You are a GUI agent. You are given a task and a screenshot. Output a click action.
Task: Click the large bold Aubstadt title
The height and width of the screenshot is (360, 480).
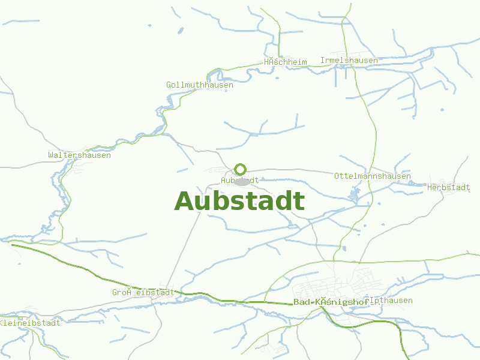pos(239,202)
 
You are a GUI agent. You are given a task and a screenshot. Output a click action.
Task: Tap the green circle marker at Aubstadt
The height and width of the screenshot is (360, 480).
pos(241,169)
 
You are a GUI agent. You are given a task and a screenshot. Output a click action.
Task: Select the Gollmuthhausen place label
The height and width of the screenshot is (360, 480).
pos(199,85)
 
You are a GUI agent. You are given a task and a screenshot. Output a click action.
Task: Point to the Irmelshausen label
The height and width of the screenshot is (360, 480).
pos(349,61)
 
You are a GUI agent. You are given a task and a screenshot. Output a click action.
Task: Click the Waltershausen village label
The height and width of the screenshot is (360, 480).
pos(79,155)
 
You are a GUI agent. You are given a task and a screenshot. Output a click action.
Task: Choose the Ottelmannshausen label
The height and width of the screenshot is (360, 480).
pos(372,176)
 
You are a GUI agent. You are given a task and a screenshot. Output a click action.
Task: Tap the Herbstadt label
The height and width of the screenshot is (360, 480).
pos(448,188)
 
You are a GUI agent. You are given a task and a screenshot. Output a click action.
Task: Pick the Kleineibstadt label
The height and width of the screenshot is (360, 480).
pos(30,323)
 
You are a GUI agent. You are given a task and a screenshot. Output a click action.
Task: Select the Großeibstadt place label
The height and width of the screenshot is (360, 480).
pos(143,293)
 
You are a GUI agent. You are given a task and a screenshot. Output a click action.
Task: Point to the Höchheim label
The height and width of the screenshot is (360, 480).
pos(285,62)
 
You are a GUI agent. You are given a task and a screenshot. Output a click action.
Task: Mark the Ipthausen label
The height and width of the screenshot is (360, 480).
pos(392,301)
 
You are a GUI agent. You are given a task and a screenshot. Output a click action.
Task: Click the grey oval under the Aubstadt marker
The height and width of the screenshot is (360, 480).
pos(242,182)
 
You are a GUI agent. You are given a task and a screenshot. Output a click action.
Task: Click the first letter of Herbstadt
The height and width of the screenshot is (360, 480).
pos(430,188)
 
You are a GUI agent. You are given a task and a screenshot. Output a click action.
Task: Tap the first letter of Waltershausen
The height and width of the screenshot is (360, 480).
pos(50,155)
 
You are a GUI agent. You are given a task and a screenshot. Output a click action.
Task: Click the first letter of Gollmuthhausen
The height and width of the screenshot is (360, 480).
pos(169,85)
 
